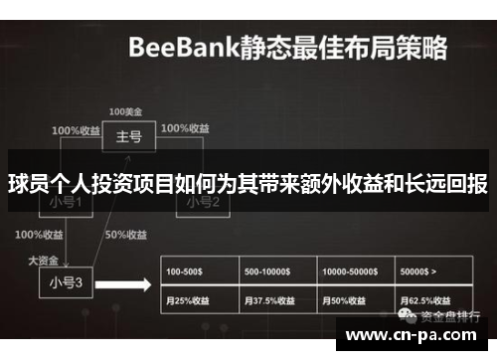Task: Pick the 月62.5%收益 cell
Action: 429,299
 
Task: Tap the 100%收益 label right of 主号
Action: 185,128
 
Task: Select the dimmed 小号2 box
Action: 197,203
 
